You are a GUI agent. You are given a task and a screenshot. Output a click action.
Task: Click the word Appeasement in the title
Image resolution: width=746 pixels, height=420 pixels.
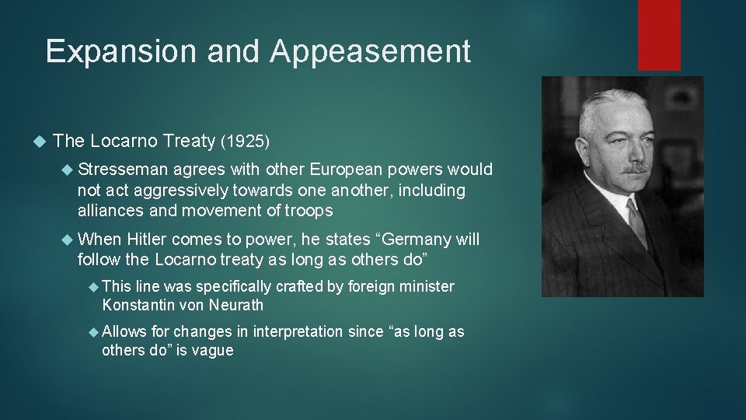tap(371, 51)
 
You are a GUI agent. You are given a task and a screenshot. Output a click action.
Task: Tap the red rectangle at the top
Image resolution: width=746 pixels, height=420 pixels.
tap(659, 35)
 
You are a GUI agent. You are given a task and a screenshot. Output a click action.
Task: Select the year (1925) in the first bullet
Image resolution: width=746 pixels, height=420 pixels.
tap(245, 142)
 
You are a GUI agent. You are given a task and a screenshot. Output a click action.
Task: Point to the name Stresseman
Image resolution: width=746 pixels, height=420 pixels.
tap(123, 170)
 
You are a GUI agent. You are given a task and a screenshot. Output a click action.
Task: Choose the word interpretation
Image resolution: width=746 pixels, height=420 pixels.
tap(298, 332)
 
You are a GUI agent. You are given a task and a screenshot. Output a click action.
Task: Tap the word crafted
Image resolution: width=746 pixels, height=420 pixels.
tap(296, 287)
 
